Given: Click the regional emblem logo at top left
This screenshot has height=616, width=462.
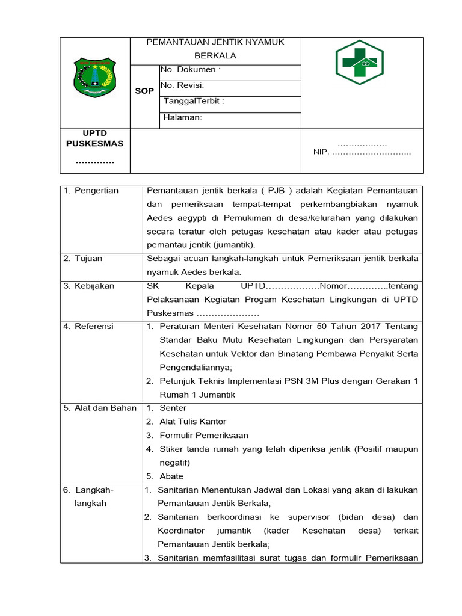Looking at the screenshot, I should pyautogui.click(x=94, y=77).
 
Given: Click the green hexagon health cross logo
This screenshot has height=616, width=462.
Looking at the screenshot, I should pyautogui.click(x=360, y=62).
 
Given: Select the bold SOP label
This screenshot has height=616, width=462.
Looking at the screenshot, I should pyautogui.click(x=144, y=91).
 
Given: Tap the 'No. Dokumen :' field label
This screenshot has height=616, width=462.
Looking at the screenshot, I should pyautogui.click(x=191, y=70).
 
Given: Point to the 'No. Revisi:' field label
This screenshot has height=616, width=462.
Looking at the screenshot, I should pyautogui.click(x=182, y=85).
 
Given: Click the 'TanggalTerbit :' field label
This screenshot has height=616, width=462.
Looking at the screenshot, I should pyautogui.click(x=194, y=101).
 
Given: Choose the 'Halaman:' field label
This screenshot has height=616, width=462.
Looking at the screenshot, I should pyautogui.click(x=183, y=117).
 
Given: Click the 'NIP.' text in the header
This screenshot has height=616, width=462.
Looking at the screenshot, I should pyautogui.click(x=321, y=152).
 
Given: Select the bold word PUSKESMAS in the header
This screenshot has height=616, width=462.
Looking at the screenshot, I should pyautogui.click(x=95, y=143).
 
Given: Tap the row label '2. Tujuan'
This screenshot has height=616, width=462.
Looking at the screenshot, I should pyautogui.click(x=83, y=259).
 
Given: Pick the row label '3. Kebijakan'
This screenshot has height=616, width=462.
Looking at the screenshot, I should pyautogui.click(x=89, y=286).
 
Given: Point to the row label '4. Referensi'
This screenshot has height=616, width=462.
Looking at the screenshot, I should pyautogui.click(x=88, y=327).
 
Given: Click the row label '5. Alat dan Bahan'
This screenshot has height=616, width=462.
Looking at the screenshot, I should pyautogui.click(x=99, y=408).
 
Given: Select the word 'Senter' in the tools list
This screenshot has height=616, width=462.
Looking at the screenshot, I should pyautogui.click(x=173, y=408).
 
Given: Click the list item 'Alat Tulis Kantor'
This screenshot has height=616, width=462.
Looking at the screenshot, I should pyautogui.click(x=193, y=422).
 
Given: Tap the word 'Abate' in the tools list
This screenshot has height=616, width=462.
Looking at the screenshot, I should pyautogui.click(x=171, y=476).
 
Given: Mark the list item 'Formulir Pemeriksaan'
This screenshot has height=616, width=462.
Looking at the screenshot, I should pyautogui.click(x=204, y=435).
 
